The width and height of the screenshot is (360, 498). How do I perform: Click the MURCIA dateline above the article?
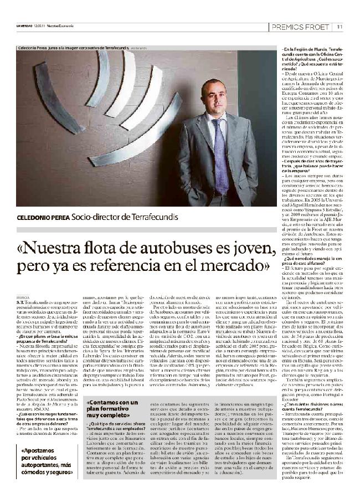coord(23,297)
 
